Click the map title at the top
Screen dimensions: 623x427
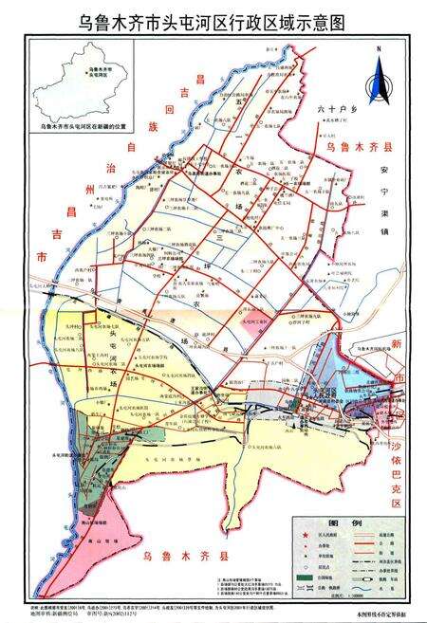point(213,20)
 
